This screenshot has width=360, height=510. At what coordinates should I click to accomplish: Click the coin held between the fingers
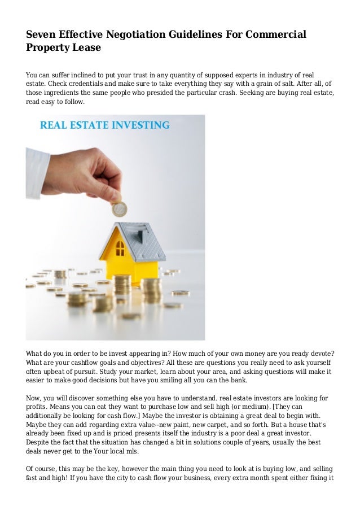(119, 210)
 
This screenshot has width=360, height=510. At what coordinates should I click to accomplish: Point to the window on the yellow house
(120, 247)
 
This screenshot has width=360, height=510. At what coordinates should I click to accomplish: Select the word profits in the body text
(37, 408)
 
